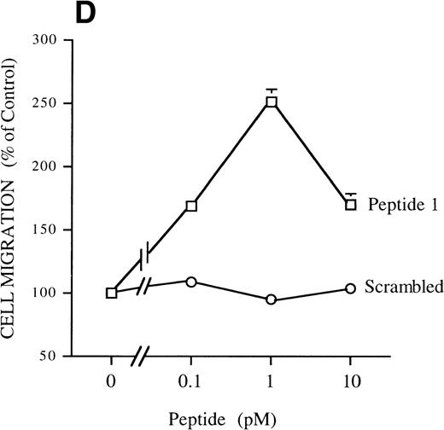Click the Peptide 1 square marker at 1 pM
272,102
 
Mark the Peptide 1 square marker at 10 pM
351,205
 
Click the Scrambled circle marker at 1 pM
272,299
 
